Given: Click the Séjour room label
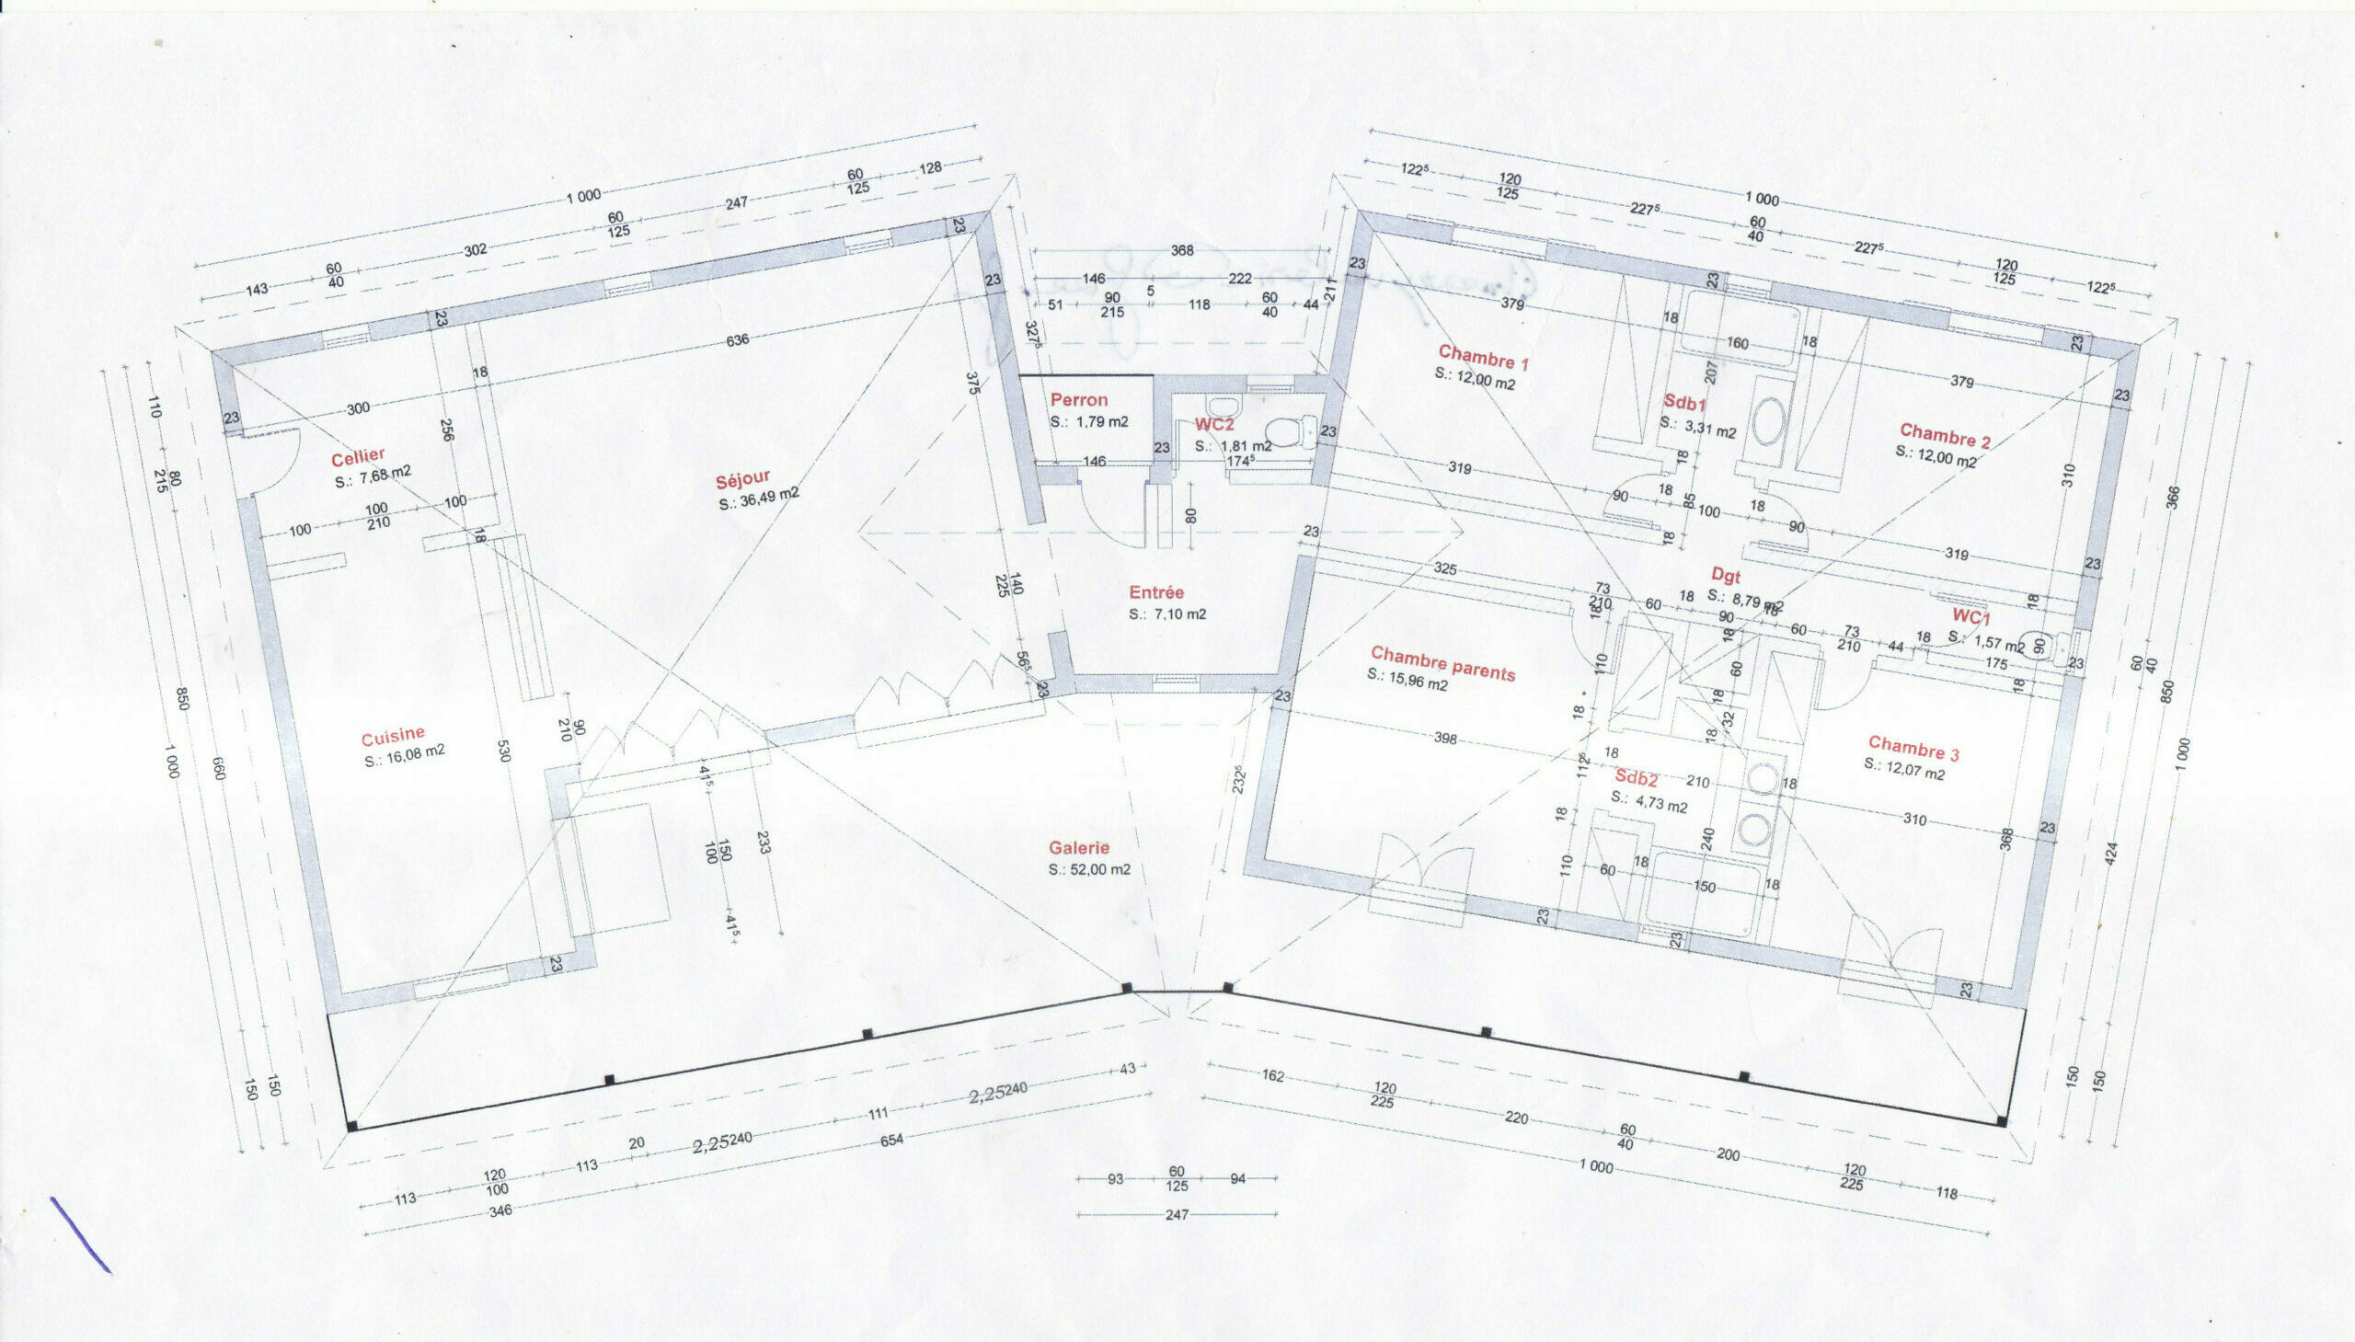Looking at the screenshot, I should (742, 479).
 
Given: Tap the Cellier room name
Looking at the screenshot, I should (358, 458).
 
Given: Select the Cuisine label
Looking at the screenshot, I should (393, 736).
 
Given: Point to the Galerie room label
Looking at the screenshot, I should (1078, 847).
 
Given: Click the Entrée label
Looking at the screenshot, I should (1155, 592).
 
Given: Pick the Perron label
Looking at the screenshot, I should (1078, 400).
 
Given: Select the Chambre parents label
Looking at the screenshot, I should (1442, 662).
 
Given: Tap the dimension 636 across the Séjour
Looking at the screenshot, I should (738, 340).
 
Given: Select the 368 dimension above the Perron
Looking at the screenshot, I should (1182, 251).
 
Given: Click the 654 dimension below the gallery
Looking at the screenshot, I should (891, 1140).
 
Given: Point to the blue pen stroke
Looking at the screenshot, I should (80, 1235).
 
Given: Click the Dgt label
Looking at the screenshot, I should (1725, 576).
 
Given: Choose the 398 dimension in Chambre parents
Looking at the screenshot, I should (1444, 738).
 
